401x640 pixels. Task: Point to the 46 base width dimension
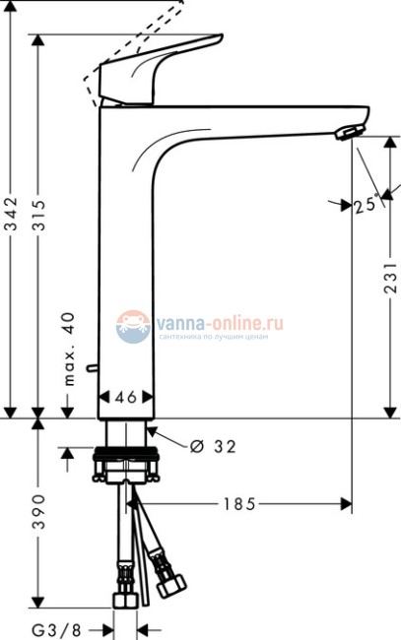(x=126, y=398)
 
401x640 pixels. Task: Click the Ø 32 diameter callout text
(x=211, y=446)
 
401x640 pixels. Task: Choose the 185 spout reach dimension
(x=238, y=504)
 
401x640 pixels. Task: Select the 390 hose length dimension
(x=38, y=512)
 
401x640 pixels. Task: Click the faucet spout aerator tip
(x=349, y=132)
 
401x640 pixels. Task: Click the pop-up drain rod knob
(x=91, y=369)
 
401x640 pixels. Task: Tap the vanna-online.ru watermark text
(x=218, y=321)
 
